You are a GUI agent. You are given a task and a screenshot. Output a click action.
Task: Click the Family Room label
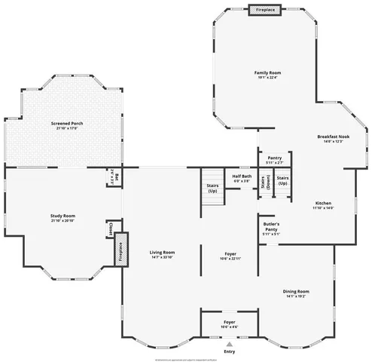tap(267, 72)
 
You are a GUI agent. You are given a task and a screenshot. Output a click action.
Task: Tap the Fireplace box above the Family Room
tap(265, 10)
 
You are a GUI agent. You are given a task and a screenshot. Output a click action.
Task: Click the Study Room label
tap(63, 216)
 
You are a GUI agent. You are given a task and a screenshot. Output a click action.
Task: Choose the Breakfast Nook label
tap(333, 137)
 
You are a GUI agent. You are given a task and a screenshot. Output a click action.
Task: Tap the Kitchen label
tap(323, 203)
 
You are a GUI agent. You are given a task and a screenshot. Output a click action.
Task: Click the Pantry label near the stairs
tap(274, 158)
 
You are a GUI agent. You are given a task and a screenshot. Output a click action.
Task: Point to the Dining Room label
tap(296, 291)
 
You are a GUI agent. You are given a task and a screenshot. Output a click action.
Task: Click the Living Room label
tap(162, 252)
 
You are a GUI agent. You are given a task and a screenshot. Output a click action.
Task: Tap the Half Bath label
tap(242, 177)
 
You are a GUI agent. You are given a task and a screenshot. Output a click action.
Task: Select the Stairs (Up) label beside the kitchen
tap(282, 181)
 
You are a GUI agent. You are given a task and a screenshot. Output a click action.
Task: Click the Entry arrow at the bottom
tap(230, 343)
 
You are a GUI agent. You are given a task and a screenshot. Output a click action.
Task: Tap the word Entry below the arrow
tap(230, 351)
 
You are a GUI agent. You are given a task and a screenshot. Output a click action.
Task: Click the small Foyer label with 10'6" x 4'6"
tap(229, 322)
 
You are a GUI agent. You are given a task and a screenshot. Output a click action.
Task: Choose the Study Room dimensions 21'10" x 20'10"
tap(63, 221)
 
